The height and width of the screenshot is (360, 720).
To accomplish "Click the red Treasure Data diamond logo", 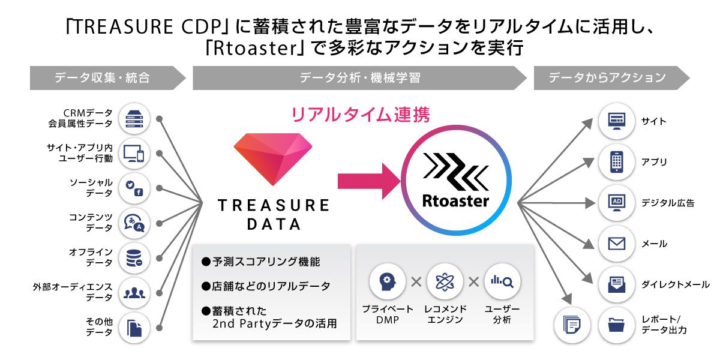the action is (x=273, y=159).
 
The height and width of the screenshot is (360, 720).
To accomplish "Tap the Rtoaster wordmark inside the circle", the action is (x=455, y=201).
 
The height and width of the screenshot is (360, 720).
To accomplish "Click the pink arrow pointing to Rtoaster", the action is (x=368, y=181).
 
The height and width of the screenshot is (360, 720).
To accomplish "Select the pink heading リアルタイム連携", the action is (x=361, y=115).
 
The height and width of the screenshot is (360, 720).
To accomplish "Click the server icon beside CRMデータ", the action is (x=134, y=119).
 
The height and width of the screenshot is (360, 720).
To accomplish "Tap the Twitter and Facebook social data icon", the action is (x=134, y=188).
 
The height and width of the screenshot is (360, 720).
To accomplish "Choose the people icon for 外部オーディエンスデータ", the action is (x=134, y=293).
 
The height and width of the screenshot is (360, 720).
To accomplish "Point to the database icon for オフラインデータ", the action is (x=134, y=258).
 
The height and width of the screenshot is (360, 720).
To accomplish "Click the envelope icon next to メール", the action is (x=617, y=244).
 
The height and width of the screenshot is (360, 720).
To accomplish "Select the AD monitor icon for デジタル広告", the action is (x=617, y=203).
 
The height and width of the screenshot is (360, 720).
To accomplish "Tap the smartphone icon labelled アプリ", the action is (x=617, y=162).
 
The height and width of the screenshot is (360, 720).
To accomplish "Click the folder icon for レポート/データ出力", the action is (x=617, y=325).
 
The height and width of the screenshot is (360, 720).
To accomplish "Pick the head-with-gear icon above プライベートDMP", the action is (x=388, y=281).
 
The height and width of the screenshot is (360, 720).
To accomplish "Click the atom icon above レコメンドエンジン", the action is (x=445, y=281).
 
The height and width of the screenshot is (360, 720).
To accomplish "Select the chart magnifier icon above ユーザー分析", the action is (x=502, y=281).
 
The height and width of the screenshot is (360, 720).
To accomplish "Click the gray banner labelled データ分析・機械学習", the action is (x=359, y=78).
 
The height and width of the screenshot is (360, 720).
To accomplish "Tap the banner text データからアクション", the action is (x=607, y=77).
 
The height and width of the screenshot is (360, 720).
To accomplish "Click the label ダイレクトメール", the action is (x=676, y=284).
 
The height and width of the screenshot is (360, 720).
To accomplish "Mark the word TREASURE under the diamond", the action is (x=274, y=205).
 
